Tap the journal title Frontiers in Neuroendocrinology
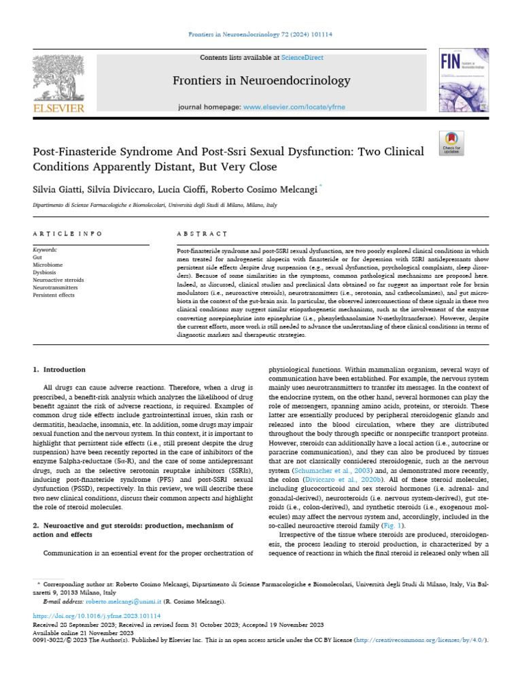pyautogui.click(x=261, y=82)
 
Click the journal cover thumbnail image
pyautogui.click(x=463, y=84)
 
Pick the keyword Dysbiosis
pyautogui.click(x=45, y=271)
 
